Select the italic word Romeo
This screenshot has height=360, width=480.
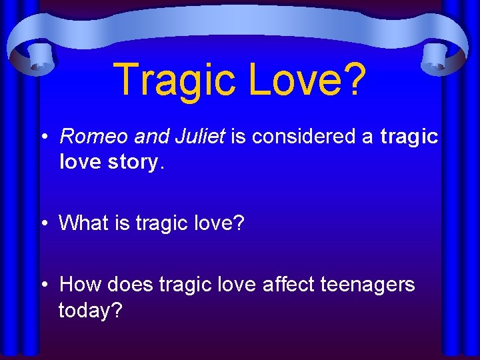(94, 137)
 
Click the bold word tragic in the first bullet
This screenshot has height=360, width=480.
(409, 137)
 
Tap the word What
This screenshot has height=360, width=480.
(83, 223)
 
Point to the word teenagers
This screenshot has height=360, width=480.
(367, 285)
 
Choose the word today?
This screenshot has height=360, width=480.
(90, 310)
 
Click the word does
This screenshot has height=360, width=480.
(130, 285)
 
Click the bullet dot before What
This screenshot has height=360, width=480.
(43, 223)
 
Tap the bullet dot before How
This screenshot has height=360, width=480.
(43, 285)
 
